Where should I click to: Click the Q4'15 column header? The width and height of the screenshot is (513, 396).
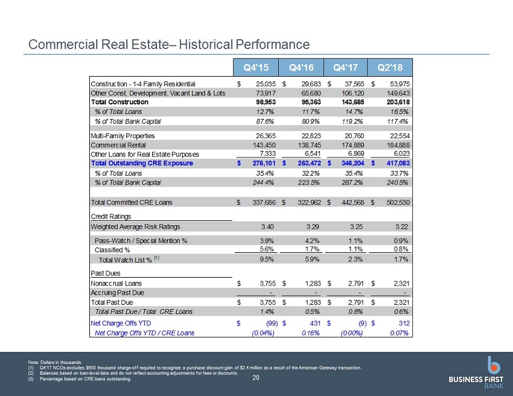pos(256,68)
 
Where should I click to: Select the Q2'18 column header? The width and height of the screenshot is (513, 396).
pos(390,68)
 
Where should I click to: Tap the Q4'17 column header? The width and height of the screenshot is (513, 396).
pos(345,68)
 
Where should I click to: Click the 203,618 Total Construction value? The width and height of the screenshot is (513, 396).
pos(398,102)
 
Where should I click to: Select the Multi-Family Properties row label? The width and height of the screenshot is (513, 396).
pos(123,136)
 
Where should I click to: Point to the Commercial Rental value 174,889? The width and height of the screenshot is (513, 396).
pos(352,145)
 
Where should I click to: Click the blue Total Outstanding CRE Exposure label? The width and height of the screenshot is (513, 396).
pos(142,164)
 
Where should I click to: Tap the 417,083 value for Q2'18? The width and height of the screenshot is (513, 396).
pos(398,164)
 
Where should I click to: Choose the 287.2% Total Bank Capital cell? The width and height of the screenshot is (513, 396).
pos(352,183)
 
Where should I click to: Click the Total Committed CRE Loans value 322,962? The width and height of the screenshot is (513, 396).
pos(309,203)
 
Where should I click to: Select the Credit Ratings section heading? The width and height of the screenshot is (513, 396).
pos(110,217)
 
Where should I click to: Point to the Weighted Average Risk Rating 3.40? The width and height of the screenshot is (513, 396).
pos(267,227)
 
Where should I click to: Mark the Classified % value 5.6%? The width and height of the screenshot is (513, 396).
pos(267,249)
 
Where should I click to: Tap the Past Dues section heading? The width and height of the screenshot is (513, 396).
pos(106,273)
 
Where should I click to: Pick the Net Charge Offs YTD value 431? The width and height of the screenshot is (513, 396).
pos(315,324)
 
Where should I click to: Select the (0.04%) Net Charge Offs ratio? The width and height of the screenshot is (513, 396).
pos(263,333)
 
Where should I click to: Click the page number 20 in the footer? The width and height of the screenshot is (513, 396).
pos(256,378)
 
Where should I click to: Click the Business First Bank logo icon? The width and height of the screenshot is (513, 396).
pos(493,365)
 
